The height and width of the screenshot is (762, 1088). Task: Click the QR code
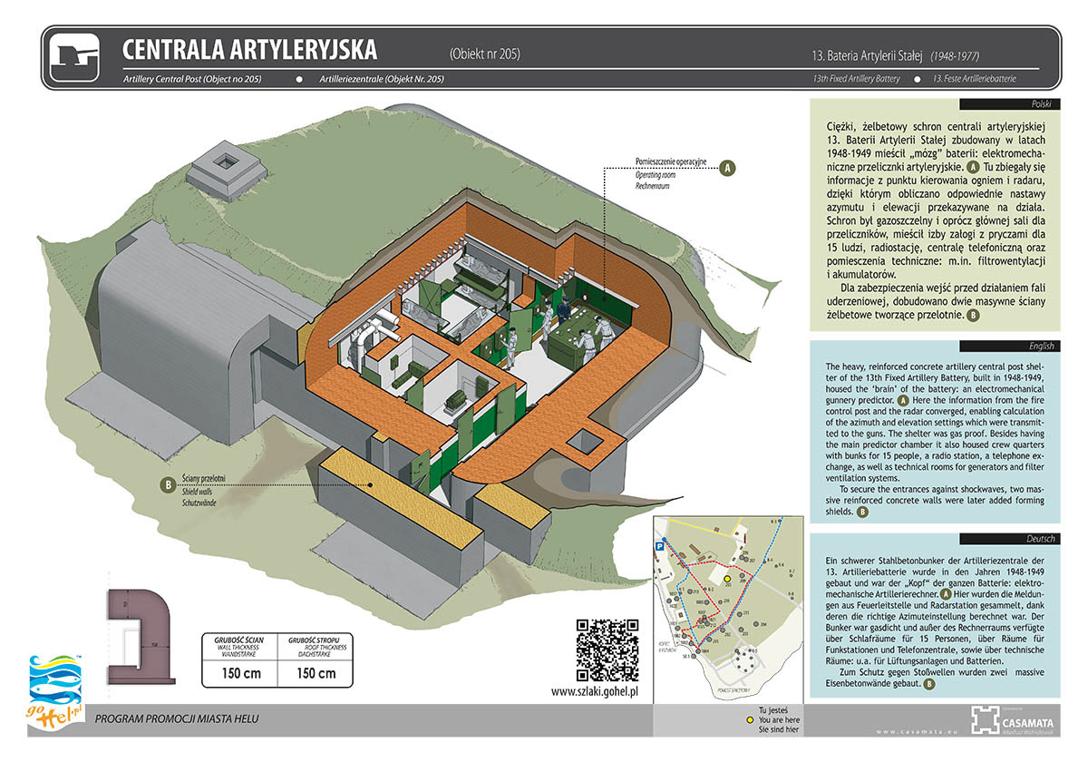[x=607, y=649]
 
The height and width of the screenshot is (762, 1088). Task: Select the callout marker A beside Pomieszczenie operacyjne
[x=725, y=168]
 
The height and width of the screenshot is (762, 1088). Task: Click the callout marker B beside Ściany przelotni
[x=167, y=486]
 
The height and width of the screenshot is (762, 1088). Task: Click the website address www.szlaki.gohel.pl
[x=596, y=691]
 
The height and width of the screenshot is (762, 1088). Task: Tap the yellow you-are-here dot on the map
[x=726, y=578]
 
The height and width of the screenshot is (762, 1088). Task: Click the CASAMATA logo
[x=1007, y=718]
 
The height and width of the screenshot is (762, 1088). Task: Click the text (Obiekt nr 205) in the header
[x=484, y=54]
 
